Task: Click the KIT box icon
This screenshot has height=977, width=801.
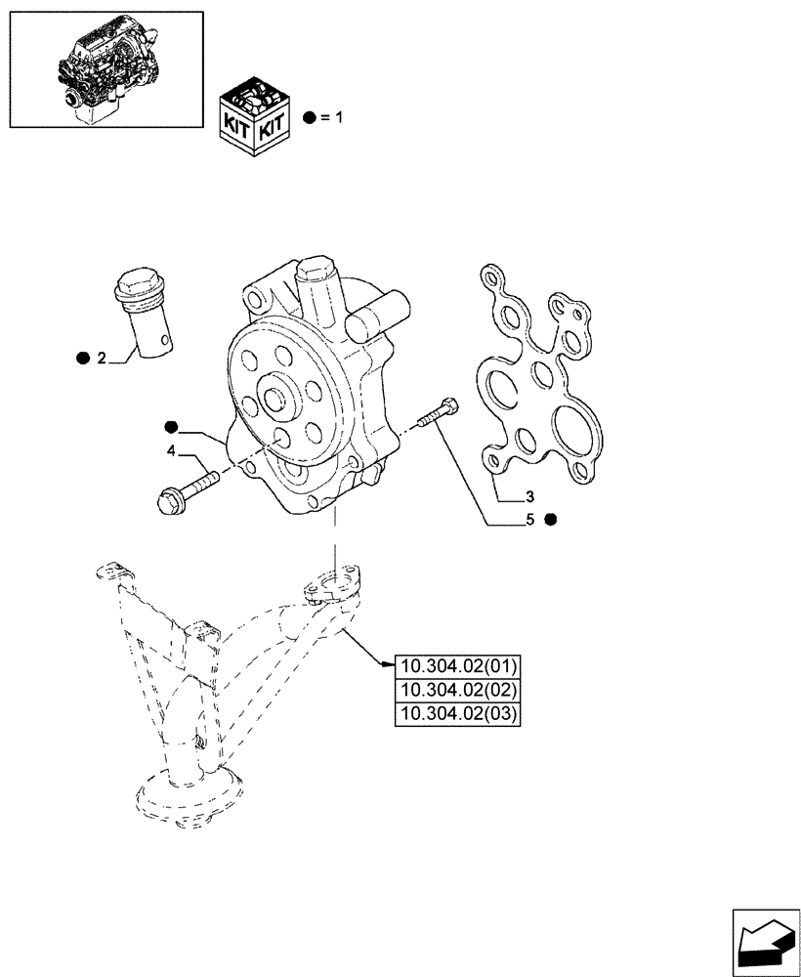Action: [x=254, y=116]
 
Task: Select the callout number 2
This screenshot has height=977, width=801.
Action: [x=102, y=360]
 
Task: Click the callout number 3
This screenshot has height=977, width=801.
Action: [x=528, y=496]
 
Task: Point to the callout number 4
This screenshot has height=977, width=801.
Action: [x=171, y=450]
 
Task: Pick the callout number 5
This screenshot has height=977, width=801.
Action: [x=529, y=519]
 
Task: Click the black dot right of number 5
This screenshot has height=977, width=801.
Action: [x=551, y=519]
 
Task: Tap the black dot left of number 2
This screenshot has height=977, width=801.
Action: [x=82, y=360]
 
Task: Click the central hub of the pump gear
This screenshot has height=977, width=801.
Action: [x=276, y=400]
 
